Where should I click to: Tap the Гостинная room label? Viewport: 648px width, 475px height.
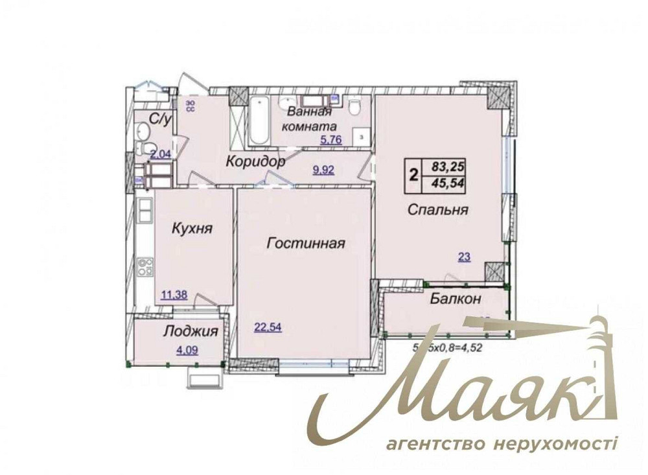305,243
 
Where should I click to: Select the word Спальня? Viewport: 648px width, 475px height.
438,209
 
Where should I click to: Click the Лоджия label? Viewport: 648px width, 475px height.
190,331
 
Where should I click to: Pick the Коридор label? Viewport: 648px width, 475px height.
255,161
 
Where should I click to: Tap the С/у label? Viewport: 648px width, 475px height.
160,119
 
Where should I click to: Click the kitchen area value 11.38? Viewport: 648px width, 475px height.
174,295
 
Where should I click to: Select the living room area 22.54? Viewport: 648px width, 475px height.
266,327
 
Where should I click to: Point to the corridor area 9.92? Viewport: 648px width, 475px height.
325,170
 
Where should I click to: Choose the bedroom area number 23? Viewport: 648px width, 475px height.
464,257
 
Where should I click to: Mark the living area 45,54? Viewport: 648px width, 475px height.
445,183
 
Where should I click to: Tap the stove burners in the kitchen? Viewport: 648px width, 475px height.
145,266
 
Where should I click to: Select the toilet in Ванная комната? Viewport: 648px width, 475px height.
354,108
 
